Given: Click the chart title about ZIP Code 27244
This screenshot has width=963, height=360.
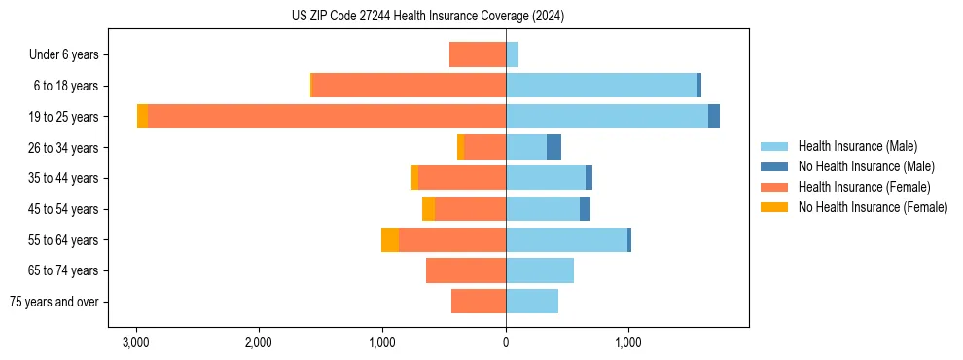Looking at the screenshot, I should point(428,16).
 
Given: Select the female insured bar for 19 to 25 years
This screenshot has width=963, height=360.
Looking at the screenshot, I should point(326,117).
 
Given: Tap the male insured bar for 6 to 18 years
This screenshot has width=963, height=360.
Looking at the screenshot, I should point(601,86).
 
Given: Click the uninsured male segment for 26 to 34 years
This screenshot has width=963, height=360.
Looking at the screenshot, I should point(553,147).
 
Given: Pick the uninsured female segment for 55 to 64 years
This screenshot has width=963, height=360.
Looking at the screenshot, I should point(390,240).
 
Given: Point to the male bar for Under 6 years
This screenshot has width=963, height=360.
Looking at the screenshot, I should point(512,54).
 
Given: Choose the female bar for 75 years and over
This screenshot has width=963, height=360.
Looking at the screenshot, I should point(479,302).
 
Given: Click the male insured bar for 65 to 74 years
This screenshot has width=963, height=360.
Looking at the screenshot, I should point(540,270).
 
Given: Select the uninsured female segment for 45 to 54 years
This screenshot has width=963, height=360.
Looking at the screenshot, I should point(428,209).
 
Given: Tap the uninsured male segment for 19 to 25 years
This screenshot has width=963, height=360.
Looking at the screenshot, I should point(714,117).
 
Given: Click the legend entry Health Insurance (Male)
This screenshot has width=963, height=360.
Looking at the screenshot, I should point(857,146).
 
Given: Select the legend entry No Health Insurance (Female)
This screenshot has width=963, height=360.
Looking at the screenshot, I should point(873,207).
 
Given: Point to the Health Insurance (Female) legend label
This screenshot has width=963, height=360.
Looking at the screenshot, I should point(865,187).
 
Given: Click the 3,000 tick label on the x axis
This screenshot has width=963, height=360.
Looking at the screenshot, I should point(135,342).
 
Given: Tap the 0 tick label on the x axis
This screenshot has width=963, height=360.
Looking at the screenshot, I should point(506,342).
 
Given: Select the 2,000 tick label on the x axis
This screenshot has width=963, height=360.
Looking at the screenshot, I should point(259,342).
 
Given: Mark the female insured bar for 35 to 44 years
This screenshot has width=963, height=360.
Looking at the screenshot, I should point(461,178).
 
